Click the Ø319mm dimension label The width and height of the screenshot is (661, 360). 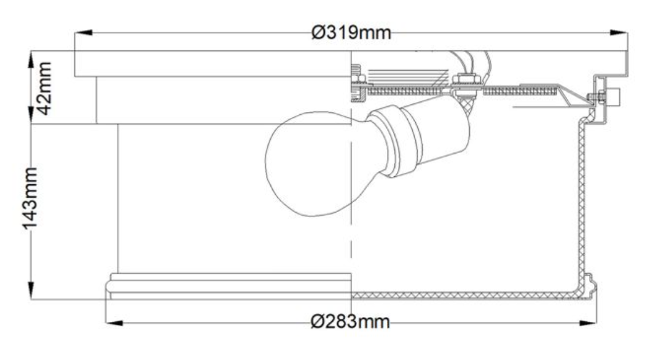coord(351,32)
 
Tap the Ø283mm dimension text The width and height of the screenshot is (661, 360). coord(350,321)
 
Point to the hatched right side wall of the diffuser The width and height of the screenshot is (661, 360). coord(581,203)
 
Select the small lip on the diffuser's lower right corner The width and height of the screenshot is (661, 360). coord(589,282)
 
